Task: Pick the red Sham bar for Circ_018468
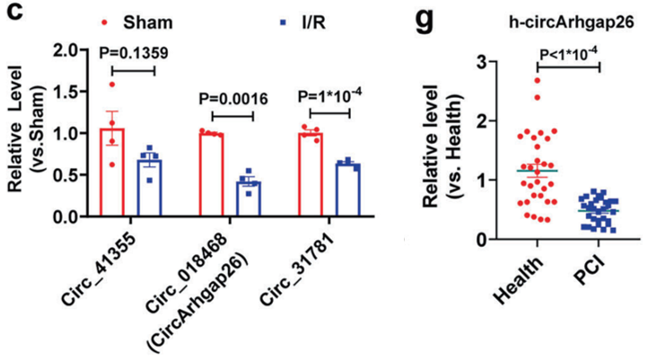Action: point(211,175)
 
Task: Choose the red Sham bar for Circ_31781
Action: point(313,175)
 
